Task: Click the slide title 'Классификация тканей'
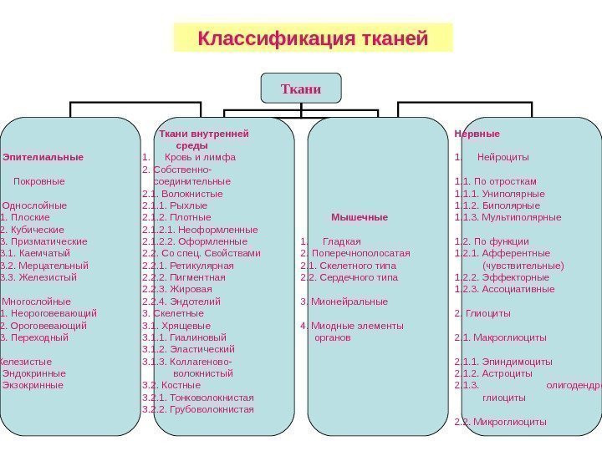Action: [313, 38]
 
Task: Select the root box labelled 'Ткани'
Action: [301, 86]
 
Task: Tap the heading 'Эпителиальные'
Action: [43, 157]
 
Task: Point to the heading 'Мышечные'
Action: [360, 217]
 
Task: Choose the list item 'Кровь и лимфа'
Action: [201, 157]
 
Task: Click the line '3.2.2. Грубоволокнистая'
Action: [198, 409]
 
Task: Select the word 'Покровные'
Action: [39, 180]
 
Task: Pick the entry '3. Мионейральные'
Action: [344, 302]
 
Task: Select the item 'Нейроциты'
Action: [503, 157]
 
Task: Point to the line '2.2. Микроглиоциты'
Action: [500, 422]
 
